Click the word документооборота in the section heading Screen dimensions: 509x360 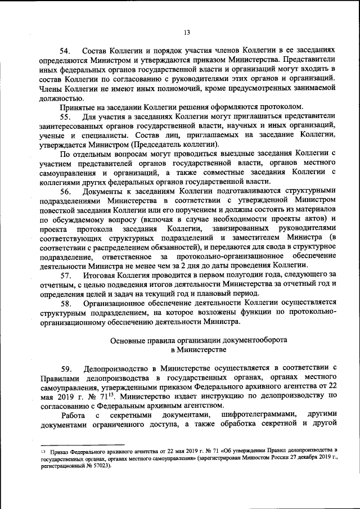tap(250, 340)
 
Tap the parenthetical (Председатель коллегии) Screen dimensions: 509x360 tap(173, 144)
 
